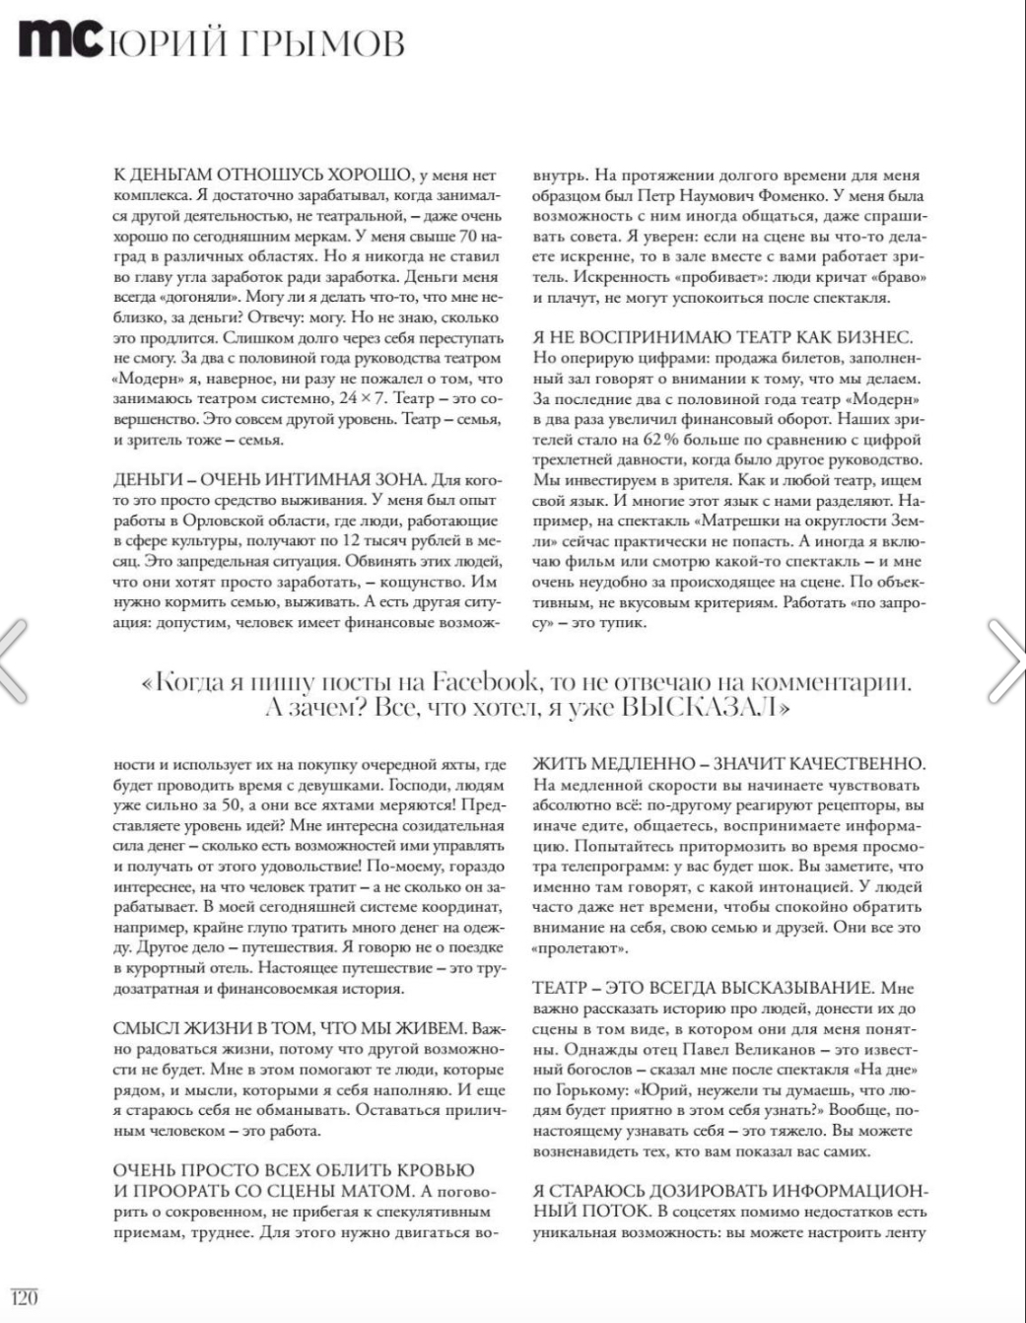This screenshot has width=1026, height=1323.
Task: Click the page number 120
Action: tap(24, 1298)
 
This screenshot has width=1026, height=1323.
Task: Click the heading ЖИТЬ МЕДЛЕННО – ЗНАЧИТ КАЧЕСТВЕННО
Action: tap(728, 764)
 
